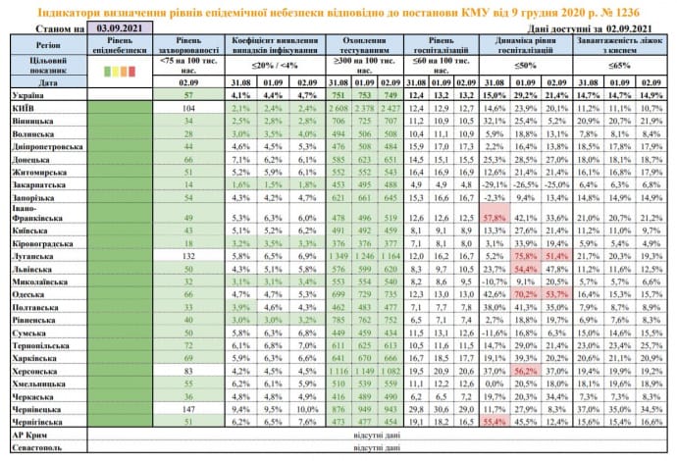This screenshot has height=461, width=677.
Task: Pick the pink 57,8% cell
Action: pyautogui.click(x=495, y=216)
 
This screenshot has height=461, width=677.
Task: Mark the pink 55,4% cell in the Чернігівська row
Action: pyautogui.click(x=495, y=420)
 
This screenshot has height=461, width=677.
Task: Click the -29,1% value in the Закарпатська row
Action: pyautogui.click(x=495, y=183)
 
